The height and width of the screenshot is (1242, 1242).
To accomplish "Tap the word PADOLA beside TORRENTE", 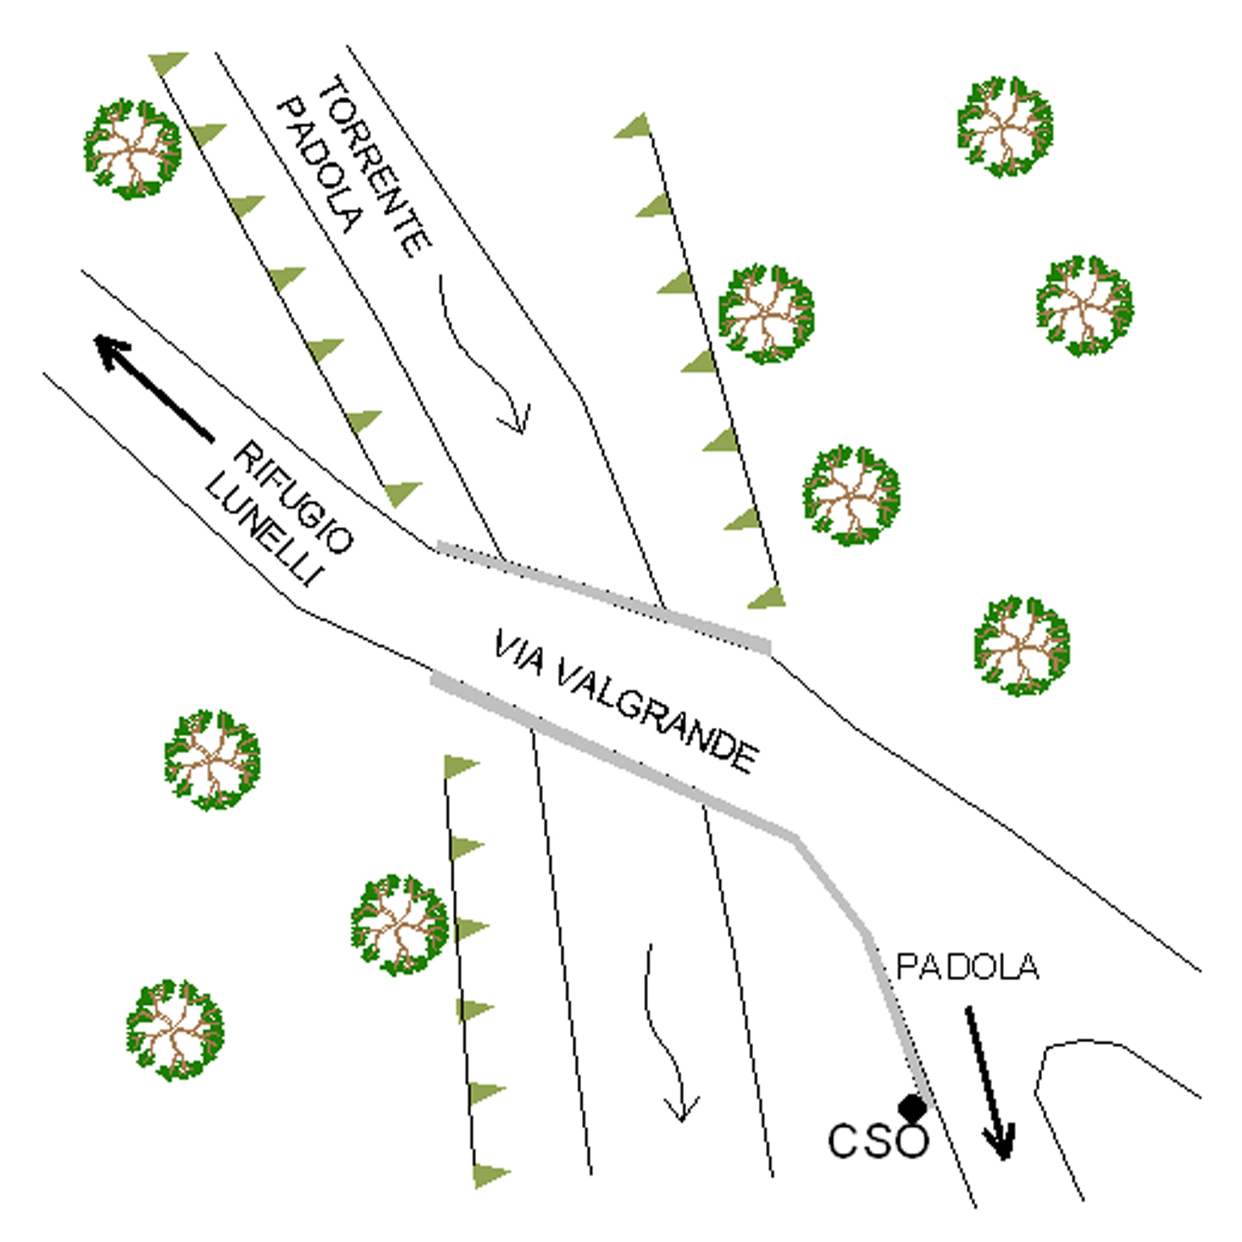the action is coord(320,165).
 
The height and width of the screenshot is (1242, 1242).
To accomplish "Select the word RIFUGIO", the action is coord(294,497).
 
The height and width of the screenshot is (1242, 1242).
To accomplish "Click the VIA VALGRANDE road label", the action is coord(626,701).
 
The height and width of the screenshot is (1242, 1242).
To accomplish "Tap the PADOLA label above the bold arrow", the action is coord(967,967).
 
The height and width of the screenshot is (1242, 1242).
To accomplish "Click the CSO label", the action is coord(879,1140).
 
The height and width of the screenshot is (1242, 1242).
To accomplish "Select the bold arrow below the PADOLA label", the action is coord(989,1082).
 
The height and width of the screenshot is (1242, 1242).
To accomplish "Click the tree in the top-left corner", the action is coord(133,148).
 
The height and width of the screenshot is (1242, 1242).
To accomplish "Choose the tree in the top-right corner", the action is coord(1005,126).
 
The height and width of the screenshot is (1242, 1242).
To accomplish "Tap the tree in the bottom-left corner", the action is coord(175,1029).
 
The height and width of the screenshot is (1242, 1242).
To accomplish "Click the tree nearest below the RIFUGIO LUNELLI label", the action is coord(212,759).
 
